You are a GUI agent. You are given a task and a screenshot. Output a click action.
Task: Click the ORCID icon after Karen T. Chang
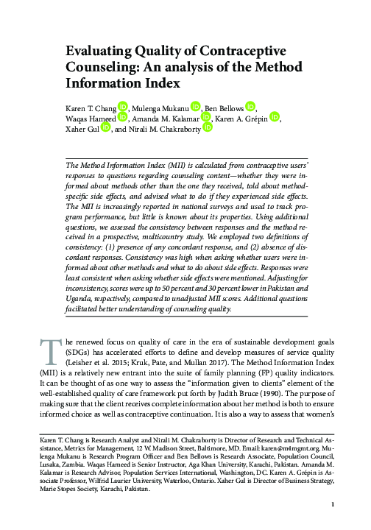123,107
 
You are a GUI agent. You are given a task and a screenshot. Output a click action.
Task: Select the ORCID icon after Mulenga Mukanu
196,107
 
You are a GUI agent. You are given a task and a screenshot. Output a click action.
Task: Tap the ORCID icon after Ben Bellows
250,107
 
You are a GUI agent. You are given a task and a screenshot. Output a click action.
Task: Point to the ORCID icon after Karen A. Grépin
275,118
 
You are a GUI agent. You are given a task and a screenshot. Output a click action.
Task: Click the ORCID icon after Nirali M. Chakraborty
208,128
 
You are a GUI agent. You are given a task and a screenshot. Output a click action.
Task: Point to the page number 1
333,504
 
